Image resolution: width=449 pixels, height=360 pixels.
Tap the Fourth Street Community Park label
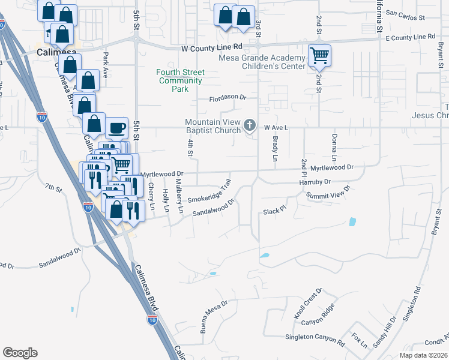click(180, 80)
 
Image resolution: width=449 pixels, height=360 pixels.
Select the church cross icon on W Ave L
click(251, 125)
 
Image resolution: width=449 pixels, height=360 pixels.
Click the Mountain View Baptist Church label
click(212, 126)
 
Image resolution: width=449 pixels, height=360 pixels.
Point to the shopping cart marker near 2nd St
click(320, 56)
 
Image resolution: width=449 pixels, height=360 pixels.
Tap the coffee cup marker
click(116, 127)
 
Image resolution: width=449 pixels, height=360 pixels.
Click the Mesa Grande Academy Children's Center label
click(262, 62)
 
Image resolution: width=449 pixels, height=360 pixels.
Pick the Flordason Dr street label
click(228, 98)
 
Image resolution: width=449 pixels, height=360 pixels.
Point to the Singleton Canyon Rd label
click(315, 340)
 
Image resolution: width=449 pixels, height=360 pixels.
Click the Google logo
click(20, 353)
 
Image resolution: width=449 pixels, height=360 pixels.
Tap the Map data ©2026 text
click(424, 355)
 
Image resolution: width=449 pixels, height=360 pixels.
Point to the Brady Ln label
click(276, 148)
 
